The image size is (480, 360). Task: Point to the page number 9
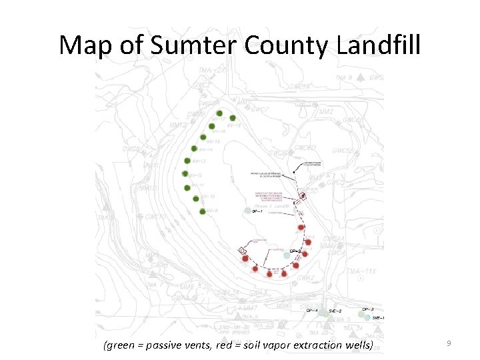(x=449, y=343)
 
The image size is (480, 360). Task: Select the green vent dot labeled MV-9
(x=201, y=211)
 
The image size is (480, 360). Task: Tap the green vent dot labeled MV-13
(x=187, y=161)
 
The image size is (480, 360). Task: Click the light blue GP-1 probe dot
(x=247, y=211)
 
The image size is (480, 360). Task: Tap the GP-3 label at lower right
(x=367, y=309)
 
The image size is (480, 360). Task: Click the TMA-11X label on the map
(x=360, y=271)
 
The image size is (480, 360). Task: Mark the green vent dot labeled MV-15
(x=203, y=137)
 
